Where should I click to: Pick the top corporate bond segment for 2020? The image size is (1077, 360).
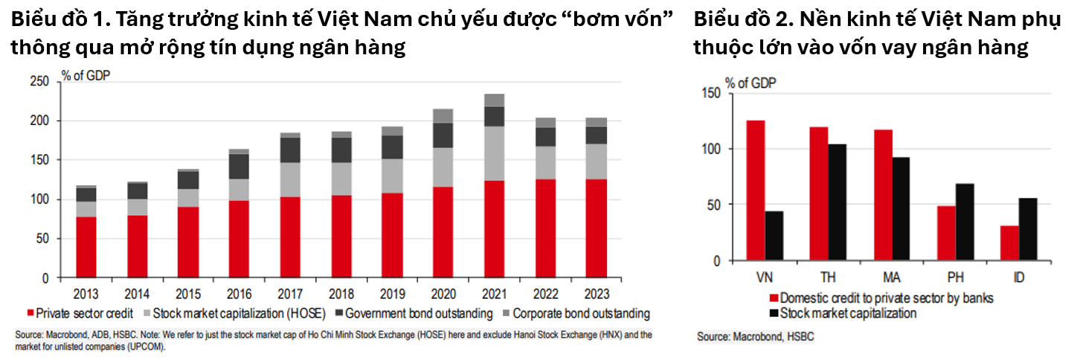tap(443, 115)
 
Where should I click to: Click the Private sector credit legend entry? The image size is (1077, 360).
tap(80, 313)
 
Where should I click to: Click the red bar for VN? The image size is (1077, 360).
tap(755, 190)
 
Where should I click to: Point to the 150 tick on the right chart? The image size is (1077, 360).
tap(713, 92)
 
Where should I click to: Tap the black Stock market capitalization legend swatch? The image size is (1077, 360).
tap(774, 313)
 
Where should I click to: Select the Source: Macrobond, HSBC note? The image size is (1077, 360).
tap(755, 337)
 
